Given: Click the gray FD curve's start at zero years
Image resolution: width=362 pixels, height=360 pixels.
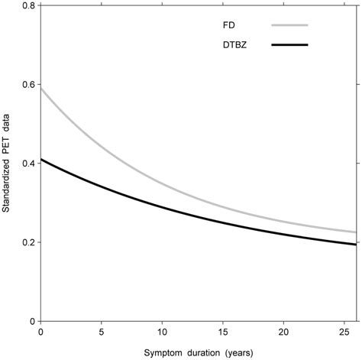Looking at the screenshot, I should click(x=40, y=89).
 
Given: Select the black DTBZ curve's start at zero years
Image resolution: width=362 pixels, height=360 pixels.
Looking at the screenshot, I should click(x=40, y=160).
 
